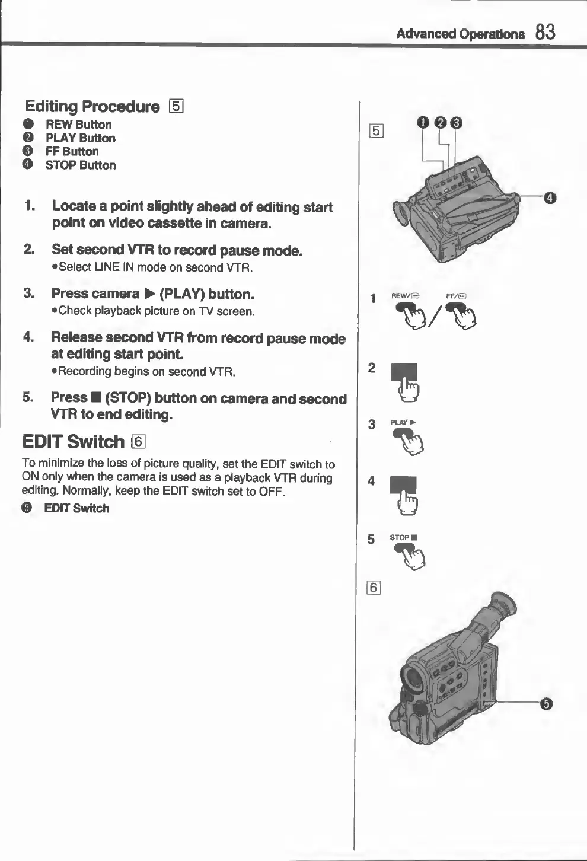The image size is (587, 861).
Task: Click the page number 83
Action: tap(545, 32)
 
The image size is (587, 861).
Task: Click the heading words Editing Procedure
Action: tap(92, 107)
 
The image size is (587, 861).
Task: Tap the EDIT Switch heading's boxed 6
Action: tap(138, 442)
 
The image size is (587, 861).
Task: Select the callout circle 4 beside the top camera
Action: tap(550, 197)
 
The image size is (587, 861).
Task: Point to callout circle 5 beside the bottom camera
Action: tap(546, 704)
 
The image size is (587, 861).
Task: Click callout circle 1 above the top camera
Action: tap(422, 123)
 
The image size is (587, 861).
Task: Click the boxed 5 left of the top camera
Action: tap(376, 130)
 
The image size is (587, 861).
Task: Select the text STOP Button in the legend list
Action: tap(81, 165)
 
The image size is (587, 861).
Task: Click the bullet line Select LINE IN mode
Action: tap(155, 267)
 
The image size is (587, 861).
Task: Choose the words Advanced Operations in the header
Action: tap(460, 34)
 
